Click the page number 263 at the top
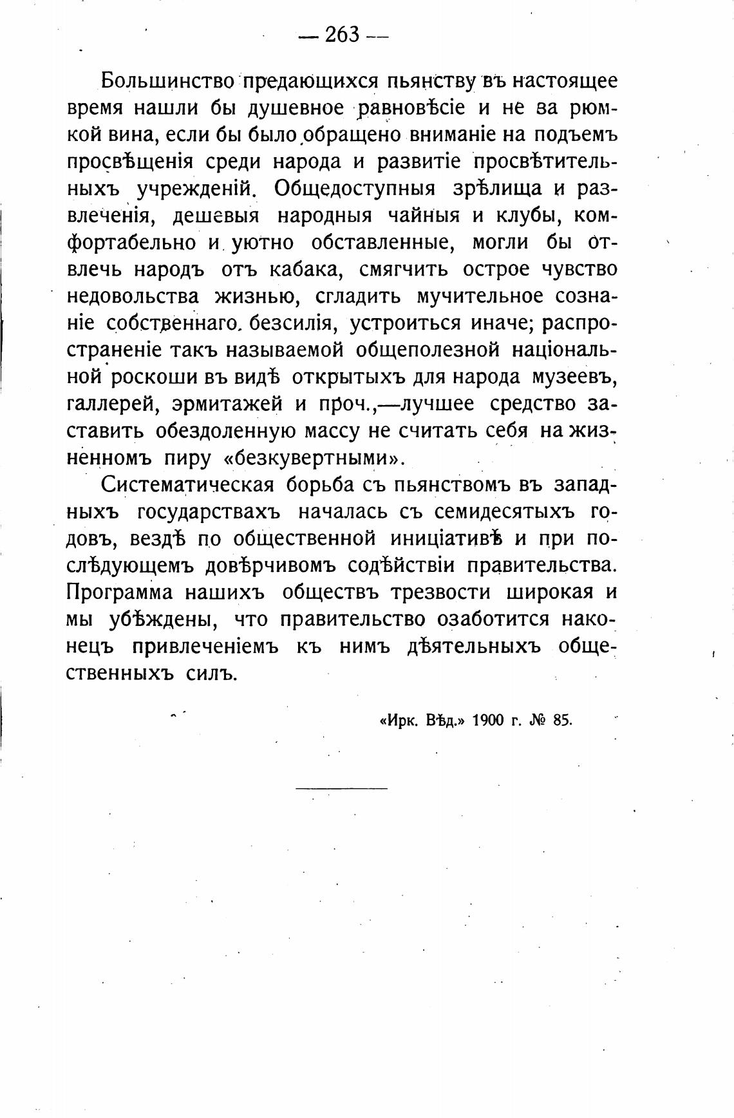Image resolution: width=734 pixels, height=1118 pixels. pyautogui.click(x=342, y=34)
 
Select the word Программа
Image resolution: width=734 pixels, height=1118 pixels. pyautogui.click(x=120, y=592)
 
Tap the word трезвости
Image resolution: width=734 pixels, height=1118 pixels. pyautogui.click(x=443, y=592)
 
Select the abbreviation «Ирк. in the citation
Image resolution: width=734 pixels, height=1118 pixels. pyautogui.click(x=397, y=721)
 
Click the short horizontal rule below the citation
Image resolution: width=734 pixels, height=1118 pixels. pyautogui.click(x=342, y=788)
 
